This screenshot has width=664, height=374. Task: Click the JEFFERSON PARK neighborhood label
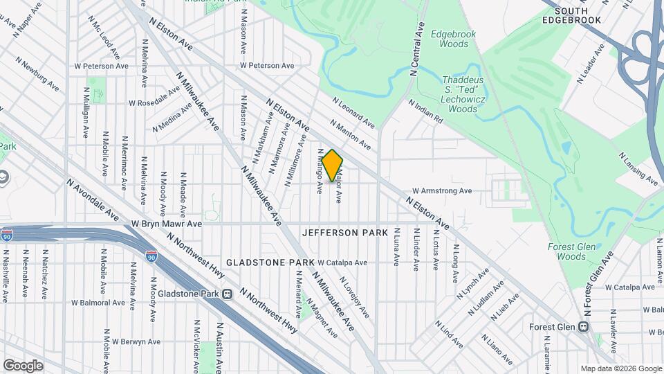click(x=345, y=233)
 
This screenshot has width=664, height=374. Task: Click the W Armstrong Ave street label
click(x=441, y=190)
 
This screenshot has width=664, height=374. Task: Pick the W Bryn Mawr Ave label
click(x=166, y=224)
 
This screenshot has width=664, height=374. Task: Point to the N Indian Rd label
click(x=425, y=112)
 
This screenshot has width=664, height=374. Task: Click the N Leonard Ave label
click(x=353, y=113)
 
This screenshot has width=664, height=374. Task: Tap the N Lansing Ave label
click(x=638, y=168)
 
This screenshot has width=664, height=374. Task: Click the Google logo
click(x=23, y=366)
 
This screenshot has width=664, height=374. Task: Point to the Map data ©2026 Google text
click(x=620, y=368)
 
